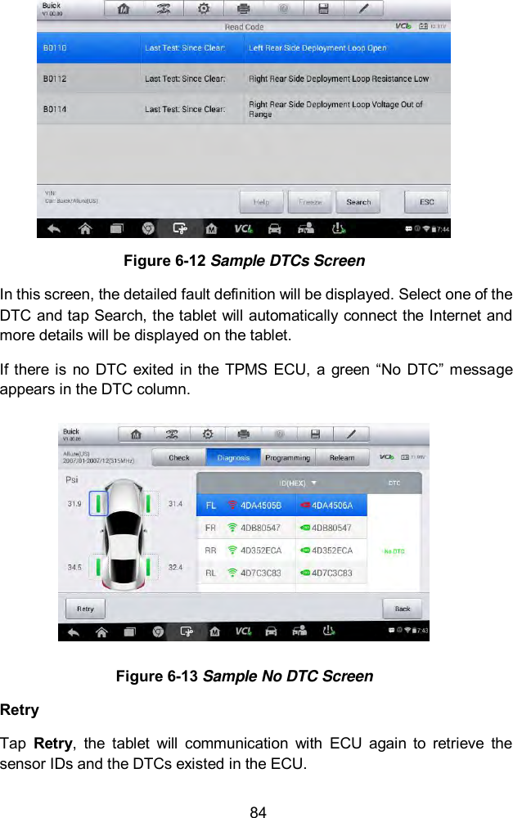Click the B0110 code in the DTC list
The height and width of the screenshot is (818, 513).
(x=56, y=48)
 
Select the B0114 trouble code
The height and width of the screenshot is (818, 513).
(x=56, y=109)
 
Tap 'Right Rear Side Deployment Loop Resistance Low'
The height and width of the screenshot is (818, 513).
(x=338, y=79)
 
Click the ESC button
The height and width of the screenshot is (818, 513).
(x=426, y=202)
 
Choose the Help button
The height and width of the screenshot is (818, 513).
(x=261, y=202)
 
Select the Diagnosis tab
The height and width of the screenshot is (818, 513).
(x=233, y=458)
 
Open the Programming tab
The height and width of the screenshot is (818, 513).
(x=288, y=458)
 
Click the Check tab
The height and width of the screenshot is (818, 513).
(x=179, y=458)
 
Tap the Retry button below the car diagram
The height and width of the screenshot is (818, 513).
(x=85, y=609)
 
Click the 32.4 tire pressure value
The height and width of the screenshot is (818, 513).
(x=175, y=566)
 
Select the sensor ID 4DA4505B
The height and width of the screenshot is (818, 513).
(x=260, y=506)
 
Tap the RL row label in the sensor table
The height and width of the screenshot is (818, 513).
(x=210, y=573)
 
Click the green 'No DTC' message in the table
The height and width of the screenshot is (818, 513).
(x=394, y=551)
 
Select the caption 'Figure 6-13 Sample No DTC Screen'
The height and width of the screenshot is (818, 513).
(x=244, y=676)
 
